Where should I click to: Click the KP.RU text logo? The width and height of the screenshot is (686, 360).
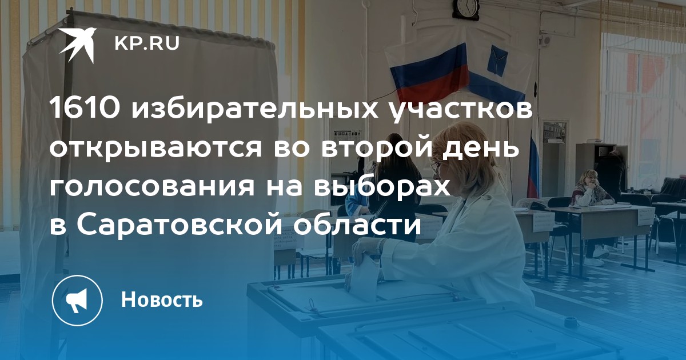147,44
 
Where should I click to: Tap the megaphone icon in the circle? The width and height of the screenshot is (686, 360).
77,301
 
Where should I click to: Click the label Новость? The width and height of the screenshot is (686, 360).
162,299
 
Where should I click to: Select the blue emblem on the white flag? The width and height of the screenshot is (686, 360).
498,60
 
